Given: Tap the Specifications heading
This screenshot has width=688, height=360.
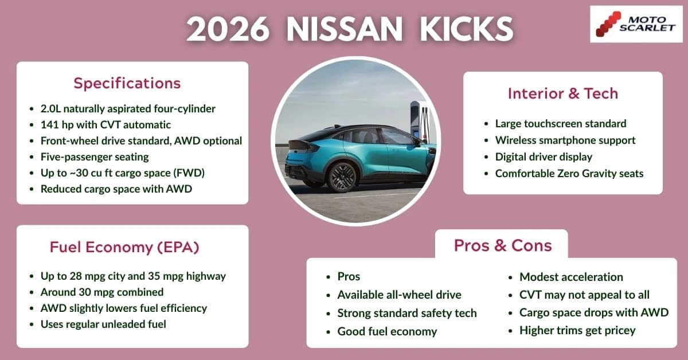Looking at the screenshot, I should point(127,83).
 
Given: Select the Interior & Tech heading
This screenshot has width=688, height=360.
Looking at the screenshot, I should point(562,93).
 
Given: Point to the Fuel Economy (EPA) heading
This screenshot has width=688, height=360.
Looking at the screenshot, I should point(124,247).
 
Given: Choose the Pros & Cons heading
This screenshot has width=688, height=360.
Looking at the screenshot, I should point(502,245).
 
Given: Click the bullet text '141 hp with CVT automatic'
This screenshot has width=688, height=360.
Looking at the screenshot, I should point(105,124).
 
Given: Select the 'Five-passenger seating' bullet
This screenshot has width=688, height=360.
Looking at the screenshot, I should point(95,156).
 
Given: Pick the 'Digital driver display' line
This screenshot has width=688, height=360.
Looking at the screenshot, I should point(544,156).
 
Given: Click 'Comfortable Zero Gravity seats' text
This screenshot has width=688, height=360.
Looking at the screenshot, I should point(569,173).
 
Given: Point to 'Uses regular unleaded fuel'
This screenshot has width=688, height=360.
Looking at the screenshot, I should point(103,324).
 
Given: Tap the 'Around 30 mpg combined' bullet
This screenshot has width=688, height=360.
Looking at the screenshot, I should point(102,292).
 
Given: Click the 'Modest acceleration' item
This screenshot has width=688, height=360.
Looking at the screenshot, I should point(571,277).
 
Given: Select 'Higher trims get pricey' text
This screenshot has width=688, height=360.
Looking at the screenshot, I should point(577,330).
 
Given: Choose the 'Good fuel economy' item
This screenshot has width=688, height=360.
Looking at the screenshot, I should point(387,331).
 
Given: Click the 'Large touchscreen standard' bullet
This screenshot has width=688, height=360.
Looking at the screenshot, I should point(561,124).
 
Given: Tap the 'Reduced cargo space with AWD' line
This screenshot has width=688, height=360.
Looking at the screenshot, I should point(116,189).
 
